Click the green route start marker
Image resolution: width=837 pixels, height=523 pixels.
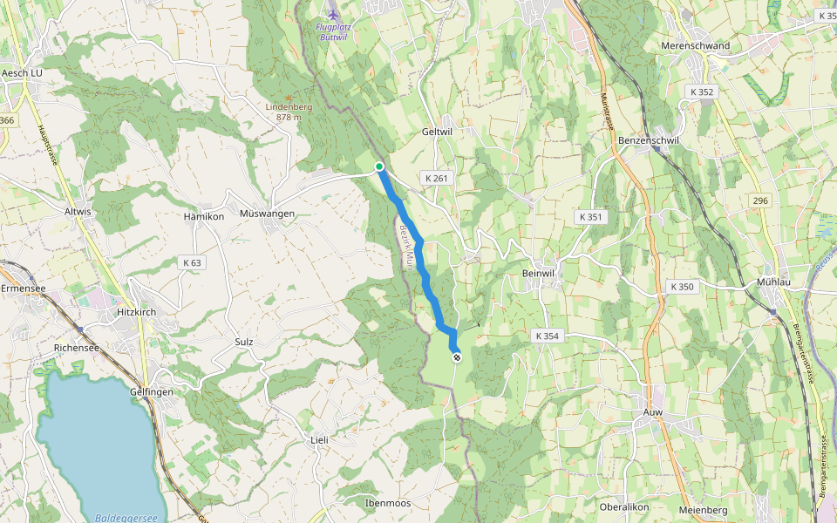click(x=379, y=166)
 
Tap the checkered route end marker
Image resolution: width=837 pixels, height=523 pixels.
click(x=456, y=356)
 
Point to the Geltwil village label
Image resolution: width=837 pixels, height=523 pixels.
click(x=437, y=132)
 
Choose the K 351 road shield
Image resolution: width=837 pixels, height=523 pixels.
click(x=590, y=216)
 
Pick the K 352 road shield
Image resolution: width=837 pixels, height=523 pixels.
click(x=701, y=92)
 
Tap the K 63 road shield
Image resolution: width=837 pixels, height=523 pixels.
click(x=192, y=261)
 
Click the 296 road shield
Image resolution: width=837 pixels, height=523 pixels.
click(x=760, y=200)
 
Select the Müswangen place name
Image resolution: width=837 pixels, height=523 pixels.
click(x=267, y=214)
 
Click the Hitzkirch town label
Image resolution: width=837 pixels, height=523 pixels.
click(x=138, y=311)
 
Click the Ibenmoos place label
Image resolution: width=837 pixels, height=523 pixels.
click(x=388, y=503)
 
